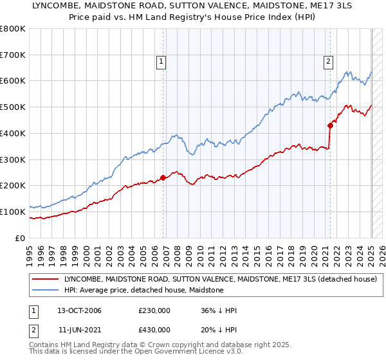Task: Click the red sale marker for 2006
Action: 163,177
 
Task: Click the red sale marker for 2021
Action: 330,125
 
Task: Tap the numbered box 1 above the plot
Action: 161,62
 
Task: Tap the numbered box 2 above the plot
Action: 328,62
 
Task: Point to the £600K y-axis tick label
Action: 13,81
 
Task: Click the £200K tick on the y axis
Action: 13,185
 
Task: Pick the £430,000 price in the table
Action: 154,330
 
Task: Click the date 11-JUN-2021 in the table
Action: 78,330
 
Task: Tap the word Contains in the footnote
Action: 46,345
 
